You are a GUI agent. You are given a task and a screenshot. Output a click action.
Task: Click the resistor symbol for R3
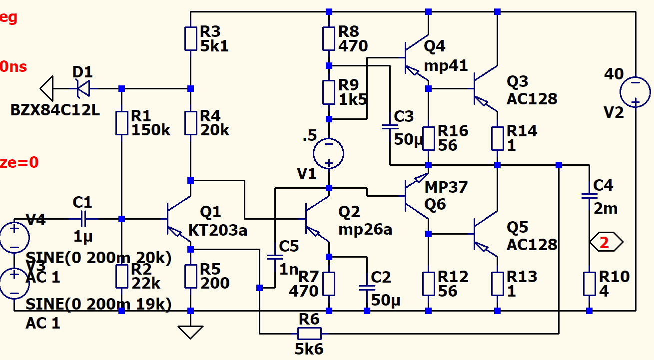click(190, 39)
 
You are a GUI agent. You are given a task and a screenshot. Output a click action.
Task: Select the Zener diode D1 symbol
click(83, 89)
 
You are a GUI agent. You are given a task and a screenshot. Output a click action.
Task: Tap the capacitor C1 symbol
click(83, 219)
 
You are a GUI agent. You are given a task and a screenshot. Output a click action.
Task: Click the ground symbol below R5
click(190, 332)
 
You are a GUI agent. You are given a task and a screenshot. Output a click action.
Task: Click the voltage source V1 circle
click(329, 153)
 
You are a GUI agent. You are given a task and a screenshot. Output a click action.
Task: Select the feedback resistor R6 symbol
click(309, 333)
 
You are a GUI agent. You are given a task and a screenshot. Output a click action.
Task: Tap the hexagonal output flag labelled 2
click(606, 243)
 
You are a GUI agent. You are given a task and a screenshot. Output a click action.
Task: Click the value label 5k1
click(214, 46)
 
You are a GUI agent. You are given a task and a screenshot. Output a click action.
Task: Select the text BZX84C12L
click(55, 110)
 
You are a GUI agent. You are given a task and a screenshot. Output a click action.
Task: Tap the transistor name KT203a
click(218, 230)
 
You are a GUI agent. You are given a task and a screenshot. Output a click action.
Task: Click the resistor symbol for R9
click(329, 92)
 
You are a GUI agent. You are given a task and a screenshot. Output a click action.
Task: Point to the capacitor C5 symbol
click(274, 257)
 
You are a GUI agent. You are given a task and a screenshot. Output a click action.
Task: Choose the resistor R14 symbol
click(498, 138)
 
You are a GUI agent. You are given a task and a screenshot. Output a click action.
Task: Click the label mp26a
click(365, 230)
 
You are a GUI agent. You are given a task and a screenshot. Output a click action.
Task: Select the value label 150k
click(151, 130)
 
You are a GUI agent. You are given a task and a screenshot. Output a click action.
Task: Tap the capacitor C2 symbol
click(367, 288)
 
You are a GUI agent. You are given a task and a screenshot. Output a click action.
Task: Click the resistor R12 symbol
click(429, 284)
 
